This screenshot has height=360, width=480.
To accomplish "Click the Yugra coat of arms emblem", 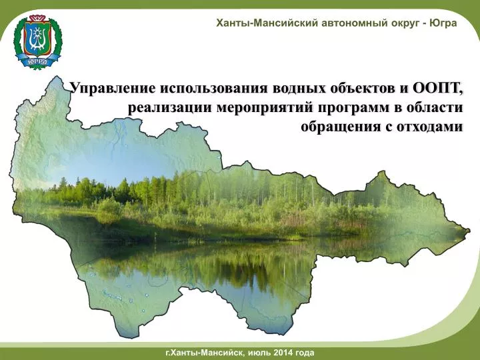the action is (37, 41).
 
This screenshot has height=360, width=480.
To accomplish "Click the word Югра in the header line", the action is (443, 23).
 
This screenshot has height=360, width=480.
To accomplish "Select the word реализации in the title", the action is (169, 108).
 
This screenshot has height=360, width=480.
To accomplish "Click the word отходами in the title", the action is (430, 127).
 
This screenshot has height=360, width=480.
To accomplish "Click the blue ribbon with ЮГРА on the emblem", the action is (37, 61).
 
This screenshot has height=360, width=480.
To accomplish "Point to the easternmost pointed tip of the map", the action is (470, 230).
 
